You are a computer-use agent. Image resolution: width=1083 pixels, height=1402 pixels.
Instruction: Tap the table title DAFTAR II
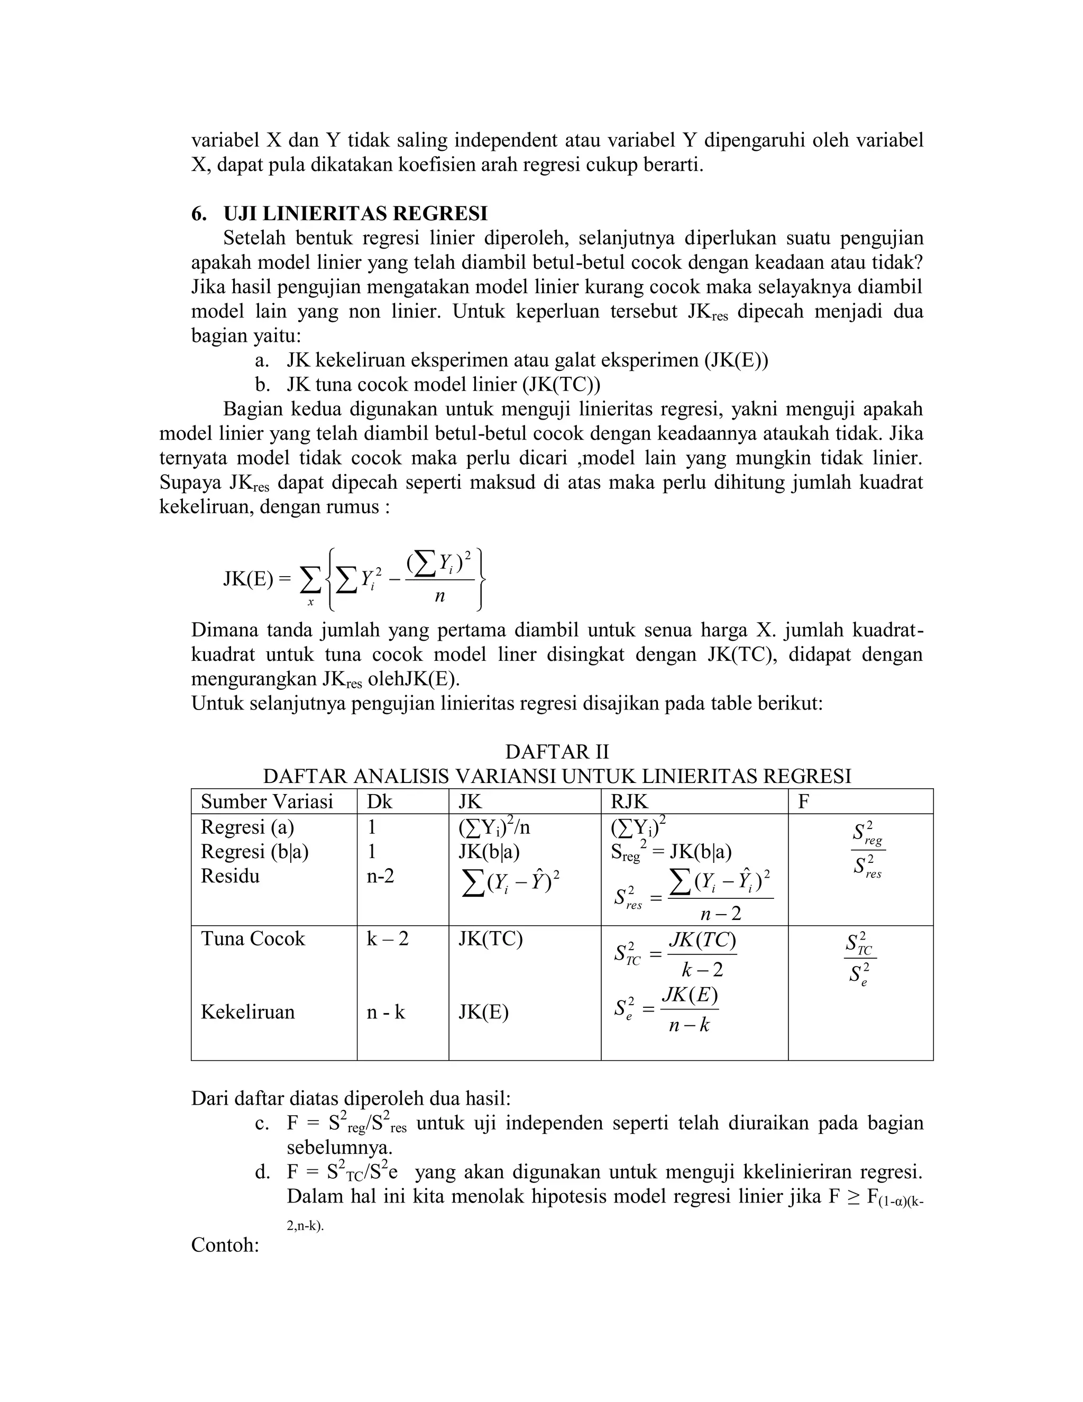click(x=557, y=752)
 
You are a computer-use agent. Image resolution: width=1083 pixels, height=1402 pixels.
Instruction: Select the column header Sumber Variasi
click(x=267, y=802)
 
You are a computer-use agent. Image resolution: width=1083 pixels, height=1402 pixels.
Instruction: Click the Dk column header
click(x=379, y=802)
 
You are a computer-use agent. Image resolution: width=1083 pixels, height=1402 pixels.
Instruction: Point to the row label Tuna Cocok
click(x=253, y=939)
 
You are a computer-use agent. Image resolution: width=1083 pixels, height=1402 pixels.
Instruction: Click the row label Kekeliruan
click(x=247, y=1012)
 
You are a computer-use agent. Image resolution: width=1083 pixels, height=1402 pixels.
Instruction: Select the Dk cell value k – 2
click(x=387, y=939)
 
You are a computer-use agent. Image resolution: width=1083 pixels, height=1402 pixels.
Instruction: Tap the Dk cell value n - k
click(x=386, y=1012)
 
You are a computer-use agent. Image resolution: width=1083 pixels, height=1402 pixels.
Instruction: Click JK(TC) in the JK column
click(x=490, y=939)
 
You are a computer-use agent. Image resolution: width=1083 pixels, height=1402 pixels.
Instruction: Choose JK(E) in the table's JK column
click(x=483, y=1012)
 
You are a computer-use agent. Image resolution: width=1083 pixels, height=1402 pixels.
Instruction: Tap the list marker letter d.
click(x=262, y=1173)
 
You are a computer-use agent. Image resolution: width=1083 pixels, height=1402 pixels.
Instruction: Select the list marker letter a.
click(x=261, y=361)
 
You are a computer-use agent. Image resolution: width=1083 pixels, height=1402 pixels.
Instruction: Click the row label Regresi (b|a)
click(x=255, y=852)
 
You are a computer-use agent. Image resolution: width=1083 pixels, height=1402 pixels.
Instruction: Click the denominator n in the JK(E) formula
click(x=439, y=597)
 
